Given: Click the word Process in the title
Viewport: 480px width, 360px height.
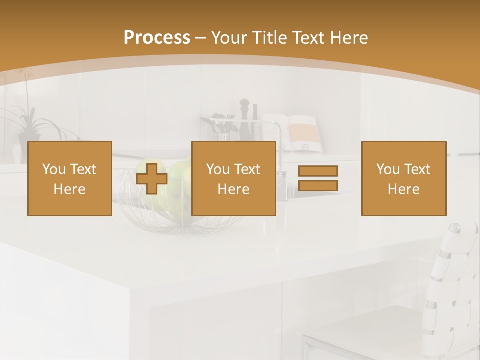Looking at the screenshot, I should [157, 37].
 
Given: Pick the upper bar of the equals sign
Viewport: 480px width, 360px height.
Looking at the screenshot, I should [318, 171].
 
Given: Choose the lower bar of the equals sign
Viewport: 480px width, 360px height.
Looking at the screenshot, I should [318, 186].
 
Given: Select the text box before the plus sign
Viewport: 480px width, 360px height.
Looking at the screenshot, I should [69, 178].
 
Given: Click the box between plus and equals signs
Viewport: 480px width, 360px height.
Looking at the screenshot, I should [233, 178].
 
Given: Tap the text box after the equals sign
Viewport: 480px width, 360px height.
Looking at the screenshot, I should [403, 178].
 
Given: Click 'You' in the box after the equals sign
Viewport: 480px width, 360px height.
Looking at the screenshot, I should [388, 169].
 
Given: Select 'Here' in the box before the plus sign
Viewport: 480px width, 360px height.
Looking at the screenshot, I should [69, 189].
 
